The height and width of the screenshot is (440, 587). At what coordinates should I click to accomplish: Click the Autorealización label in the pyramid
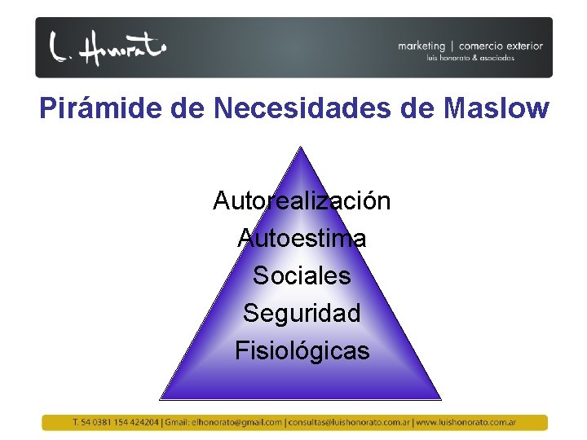pyautogui.click(x=302, y=200)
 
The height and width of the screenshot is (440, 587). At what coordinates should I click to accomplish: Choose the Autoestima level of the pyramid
pyautogui.click(x=302, y=238)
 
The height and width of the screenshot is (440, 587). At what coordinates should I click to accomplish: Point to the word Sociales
pyautogui.click(x=302, y=275)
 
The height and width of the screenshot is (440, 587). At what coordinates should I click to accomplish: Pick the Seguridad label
pyautogui.click(x=302, y=313)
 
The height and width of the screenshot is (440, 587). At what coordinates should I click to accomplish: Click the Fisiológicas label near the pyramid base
pyautogui.click(x=302, y=350)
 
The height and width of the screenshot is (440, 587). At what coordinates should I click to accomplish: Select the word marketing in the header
pyautogui.click(x=421, y=46)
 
